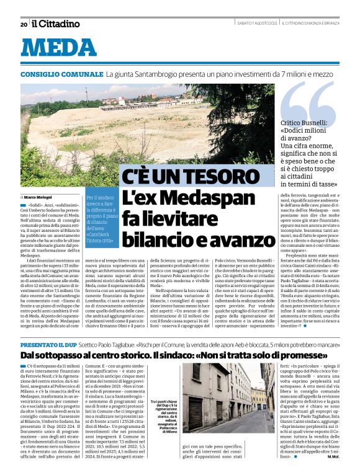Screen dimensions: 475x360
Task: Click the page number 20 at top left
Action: coord(24,24)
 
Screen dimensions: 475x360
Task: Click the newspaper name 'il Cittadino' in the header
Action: coord(56,24)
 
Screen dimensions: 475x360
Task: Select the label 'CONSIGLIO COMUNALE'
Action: coord(61,74)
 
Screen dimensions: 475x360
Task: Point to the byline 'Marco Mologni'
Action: coord(42,197)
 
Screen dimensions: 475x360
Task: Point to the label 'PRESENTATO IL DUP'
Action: coord(49,344)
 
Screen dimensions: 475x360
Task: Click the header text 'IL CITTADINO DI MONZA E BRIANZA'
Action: coord(315,24)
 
